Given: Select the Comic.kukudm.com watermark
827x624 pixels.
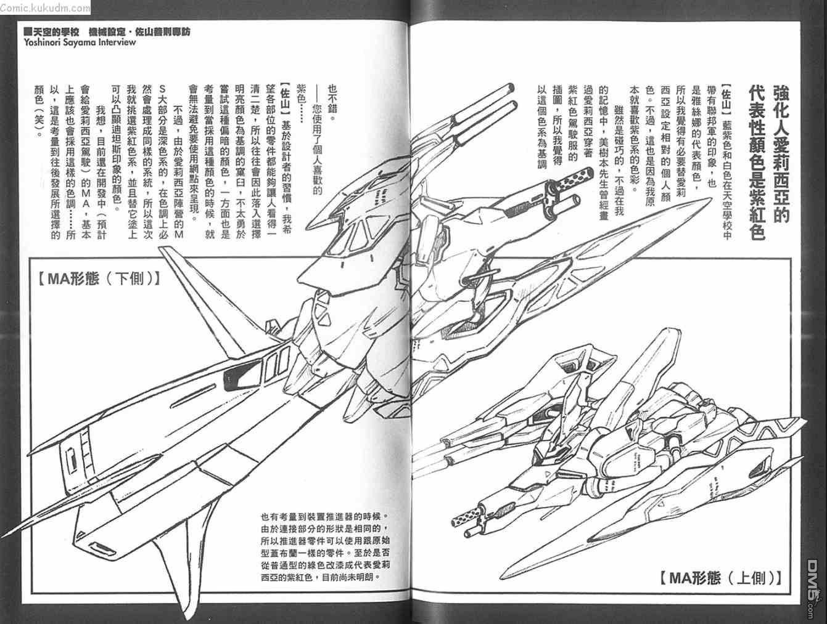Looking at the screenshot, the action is coord(44,7).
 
